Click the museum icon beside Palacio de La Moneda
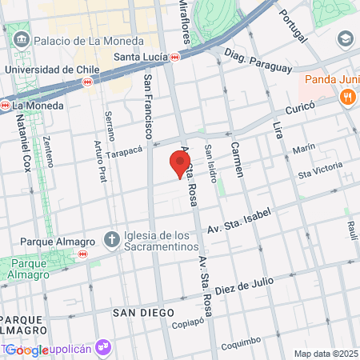20,39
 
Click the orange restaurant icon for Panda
347,98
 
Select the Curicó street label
302,106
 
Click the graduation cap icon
345,38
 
